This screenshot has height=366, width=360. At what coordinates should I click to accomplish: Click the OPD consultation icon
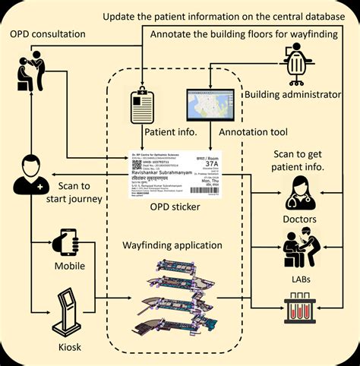click(30, 74)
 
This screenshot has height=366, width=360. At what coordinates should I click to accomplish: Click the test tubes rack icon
click(300, 310)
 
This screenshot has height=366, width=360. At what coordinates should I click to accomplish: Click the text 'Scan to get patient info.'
click(308, 159)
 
